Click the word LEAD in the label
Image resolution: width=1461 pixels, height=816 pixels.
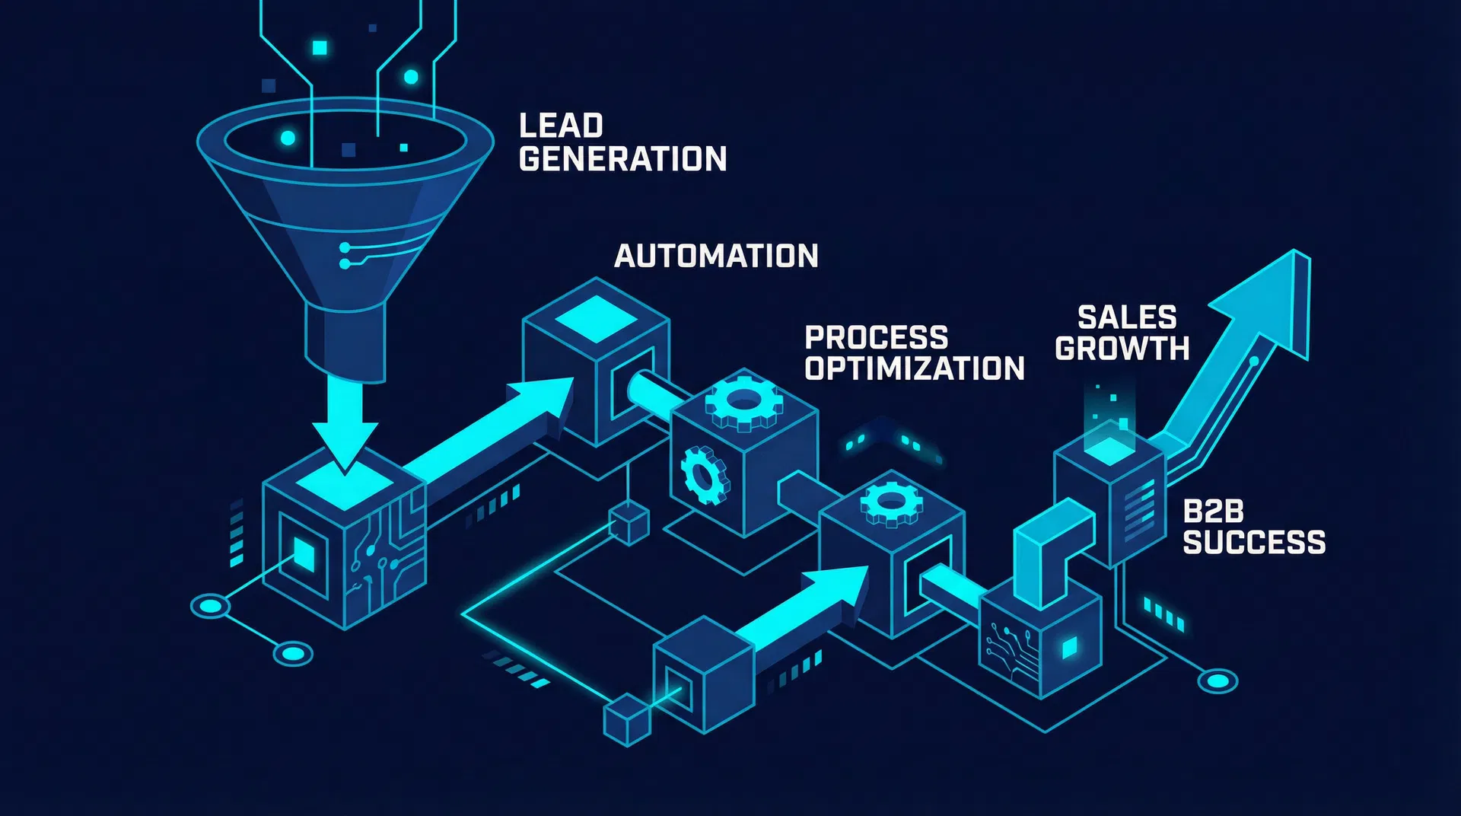[561, 126]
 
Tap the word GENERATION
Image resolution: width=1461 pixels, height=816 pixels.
[622, 159]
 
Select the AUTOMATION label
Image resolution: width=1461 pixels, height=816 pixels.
[716, 256]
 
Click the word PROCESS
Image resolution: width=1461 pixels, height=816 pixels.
[876, 337]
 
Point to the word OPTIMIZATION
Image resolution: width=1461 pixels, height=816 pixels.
[915, 368]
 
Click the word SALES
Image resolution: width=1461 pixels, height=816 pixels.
[1127, 317]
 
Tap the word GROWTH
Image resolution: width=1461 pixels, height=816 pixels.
[1122, 349]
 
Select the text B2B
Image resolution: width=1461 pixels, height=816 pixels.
[1213, 512]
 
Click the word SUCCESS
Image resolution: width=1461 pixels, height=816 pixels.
[1254, 543]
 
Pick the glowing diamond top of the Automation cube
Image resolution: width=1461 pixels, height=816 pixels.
[597, 318]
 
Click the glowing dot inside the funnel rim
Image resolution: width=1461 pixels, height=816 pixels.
[288, 138]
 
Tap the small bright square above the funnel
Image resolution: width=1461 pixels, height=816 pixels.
[320, 48]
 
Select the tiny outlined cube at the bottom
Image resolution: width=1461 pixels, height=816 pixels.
[627, 720]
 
